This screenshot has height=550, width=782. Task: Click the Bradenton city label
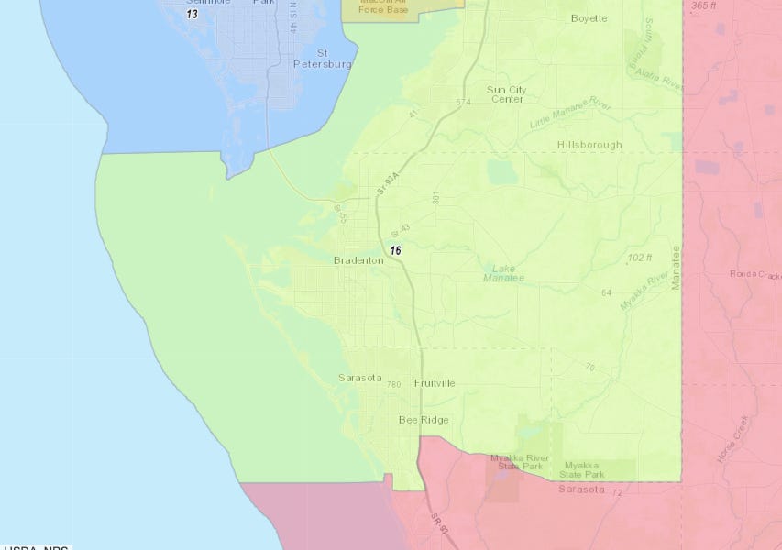(358, 261)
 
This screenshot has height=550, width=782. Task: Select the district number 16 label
(395, 250)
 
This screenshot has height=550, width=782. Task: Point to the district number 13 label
(192, 15)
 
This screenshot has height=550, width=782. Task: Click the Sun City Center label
(506, 94)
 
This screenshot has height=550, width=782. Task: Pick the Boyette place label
(589, 18)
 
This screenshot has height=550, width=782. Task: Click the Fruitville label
(435, 383)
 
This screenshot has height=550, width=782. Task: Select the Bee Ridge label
(423, 420)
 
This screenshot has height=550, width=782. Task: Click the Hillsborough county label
(589, 145)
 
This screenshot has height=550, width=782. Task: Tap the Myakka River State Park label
(518, 462)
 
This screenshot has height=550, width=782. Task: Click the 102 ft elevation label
(640, 258)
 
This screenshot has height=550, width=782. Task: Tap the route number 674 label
(462, 102)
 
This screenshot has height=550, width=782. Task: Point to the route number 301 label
(437, 199)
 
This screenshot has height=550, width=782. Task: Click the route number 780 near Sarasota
(394, 384)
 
